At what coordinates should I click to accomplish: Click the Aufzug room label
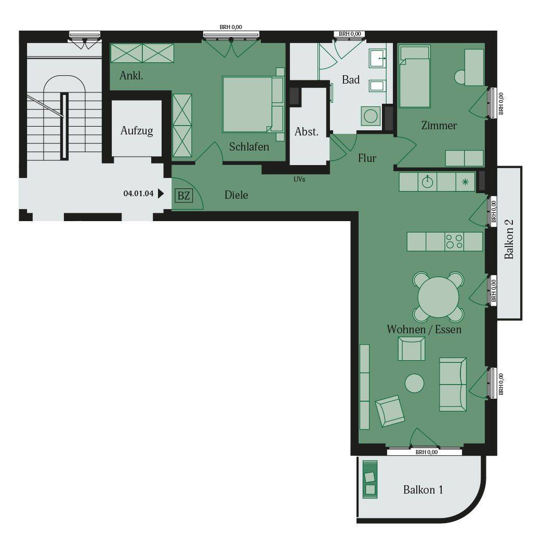pos(137,131)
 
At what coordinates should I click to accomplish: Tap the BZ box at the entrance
pos(184,196)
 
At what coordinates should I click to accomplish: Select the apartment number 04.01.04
pos(138,193)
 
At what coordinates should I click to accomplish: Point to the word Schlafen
pos(249,146)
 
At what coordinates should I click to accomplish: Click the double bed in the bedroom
pos(253,104)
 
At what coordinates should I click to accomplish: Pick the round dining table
pos(438,297)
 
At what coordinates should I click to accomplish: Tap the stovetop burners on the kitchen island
pos(454,241)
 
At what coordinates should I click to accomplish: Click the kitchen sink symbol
pos(428,182)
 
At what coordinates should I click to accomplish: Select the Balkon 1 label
pos(423,489)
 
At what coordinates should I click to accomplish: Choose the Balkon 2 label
pos(509,239)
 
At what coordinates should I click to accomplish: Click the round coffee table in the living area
pos(414,383)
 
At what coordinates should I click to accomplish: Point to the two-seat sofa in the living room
pos(453,385)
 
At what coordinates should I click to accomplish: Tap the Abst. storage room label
pos(307,131)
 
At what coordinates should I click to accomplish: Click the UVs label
pos(299,179)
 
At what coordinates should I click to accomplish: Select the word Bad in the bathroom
pos(351,79)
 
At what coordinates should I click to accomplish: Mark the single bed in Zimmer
pos(415,76)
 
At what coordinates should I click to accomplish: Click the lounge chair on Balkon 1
pos(370,480)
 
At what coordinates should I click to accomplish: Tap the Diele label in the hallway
pos(236,195)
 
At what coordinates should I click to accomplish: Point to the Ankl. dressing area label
pos(131,76)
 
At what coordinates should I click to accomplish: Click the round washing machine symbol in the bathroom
pos(371,116)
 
